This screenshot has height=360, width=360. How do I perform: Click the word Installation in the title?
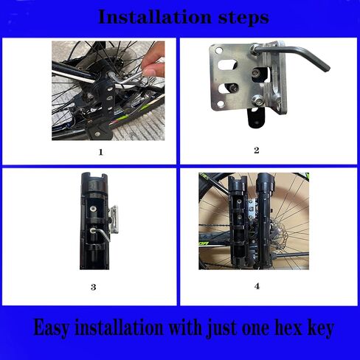155,17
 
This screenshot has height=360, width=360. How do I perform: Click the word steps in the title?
243,18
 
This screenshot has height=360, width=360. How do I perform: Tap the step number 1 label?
100,152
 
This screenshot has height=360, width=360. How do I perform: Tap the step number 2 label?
257,150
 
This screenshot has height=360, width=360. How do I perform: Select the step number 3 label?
93,287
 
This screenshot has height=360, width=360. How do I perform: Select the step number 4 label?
257,286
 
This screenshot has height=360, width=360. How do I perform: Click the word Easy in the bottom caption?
51,328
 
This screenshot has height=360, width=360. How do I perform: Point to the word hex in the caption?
288,328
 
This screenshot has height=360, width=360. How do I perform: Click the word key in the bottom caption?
321,328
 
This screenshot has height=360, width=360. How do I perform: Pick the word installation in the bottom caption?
120,328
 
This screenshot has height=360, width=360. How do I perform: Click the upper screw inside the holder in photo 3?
93,209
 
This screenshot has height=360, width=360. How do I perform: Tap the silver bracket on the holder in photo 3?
114,220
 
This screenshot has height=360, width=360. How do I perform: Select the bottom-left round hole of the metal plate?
221,104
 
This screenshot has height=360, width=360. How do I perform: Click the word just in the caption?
222,328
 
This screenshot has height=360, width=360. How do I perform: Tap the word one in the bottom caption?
256,329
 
